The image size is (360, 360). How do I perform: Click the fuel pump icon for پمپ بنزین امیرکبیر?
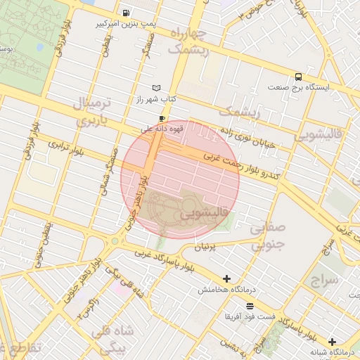click(x=125, y=13)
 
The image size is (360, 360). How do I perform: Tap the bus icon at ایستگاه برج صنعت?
click(x=299, y=77)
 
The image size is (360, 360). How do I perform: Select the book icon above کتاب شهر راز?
click(x=156, y=88)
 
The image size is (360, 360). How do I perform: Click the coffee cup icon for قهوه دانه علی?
click(x=163, y=118)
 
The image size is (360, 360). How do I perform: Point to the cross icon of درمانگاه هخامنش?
click(x=226, y=279)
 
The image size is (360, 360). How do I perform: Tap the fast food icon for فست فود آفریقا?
click(x=250, y=305)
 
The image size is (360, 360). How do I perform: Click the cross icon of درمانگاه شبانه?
click(x=332, y=341)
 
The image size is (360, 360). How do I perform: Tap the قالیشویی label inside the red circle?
click(x=203, y=212)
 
